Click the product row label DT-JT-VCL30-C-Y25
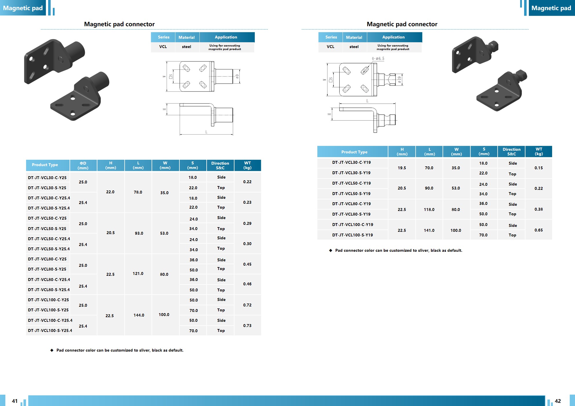(47, 178)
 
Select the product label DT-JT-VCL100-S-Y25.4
(50, 330)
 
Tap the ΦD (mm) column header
(83, 165)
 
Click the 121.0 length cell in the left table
(138, 273)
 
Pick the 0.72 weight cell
(247, 305)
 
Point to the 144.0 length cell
(139, 315)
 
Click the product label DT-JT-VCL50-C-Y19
(351, 183)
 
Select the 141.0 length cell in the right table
(429, 230)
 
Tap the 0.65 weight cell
(538, 230)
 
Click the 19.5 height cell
(402, 168)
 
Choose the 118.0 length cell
(429, 210)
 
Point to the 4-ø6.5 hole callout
(378, 59)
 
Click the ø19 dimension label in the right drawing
(399, 80)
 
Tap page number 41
(15, 401)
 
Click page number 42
(558, 401)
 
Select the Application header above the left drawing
(226, 37)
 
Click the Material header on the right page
(354, 37)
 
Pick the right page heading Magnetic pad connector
(402, 24)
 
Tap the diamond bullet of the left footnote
(52, 350)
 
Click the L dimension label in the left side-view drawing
(206, 132)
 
